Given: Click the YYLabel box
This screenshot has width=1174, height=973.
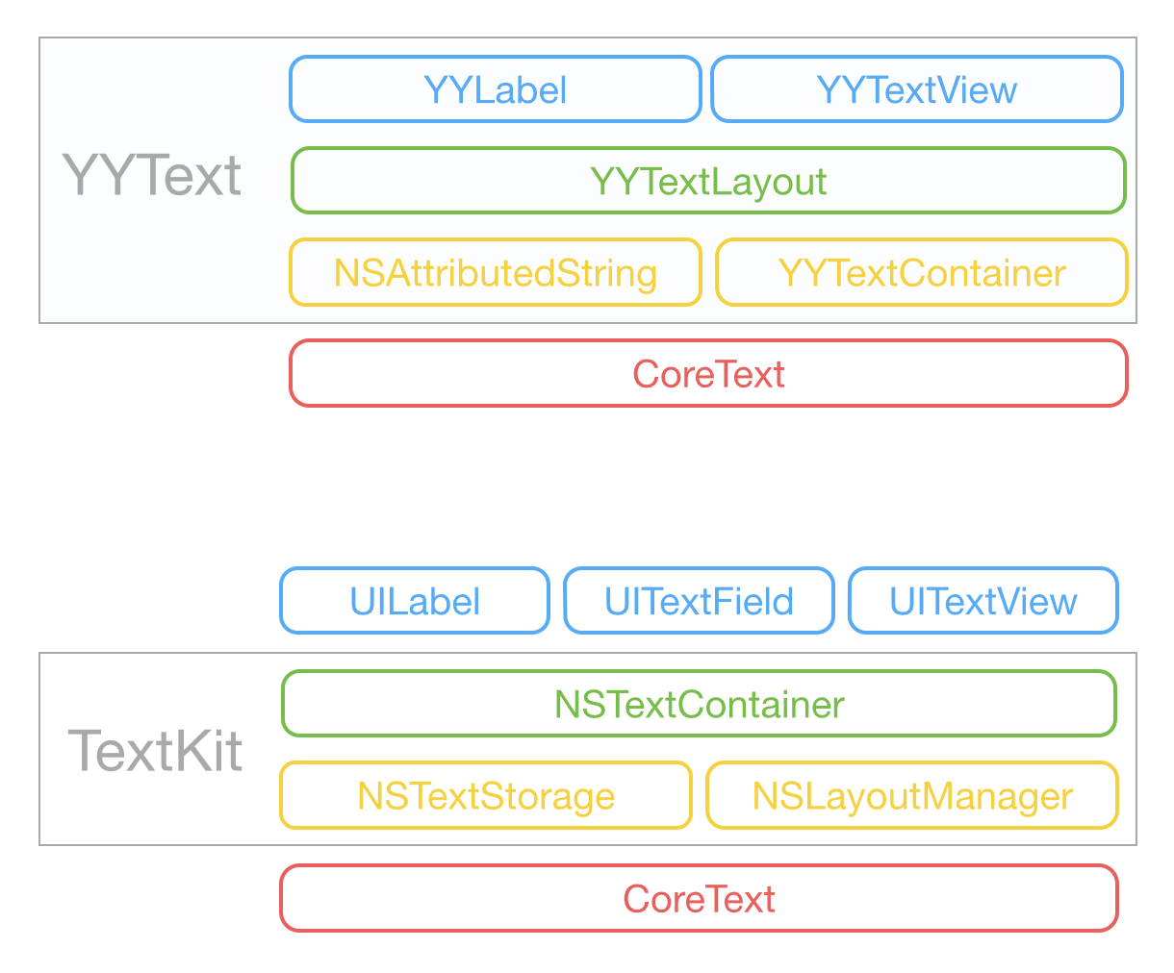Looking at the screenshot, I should tap(495, 89).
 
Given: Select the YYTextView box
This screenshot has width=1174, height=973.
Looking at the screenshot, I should tap(916, 89).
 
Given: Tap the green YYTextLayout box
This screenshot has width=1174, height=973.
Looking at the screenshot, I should tap(708, 181).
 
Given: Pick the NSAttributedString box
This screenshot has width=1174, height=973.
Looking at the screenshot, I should tap(495, 273).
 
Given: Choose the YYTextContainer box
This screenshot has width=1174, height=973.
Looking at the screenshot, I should tap(921, 273).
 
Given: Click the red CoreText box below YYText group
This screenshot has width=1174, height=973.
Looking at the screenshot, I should tap(708, 373).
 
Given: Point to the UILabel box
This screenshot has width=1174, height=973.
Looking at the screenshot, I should tap(415, 602).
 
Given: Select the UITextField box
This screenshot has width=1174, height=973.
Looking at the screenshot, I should tap(699, 602).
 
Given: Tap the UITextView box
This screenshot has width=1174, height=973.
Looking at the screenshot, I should tap(983, 602).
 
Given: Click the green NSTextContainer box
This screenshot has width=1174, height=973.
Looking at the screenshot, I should tap(699, 704).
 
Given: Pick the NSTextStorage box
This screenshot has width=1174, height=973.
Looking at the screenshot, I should tap(486, 796).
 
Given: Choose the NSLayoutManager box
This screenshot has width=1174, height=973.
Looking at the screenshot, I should tap(911, 796).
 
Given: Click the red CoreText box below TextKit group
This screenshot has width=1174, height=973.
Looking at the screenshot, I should tap(699, 899).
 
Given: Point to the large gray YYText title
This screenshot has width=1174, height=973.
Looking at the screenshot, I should tap(152, 176).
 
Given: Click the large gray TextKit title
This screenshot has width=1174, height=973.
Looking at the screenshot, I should tap(155, 751).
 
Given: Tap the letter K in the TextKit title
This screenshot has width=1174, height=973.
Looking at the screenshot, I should tap(188, 751).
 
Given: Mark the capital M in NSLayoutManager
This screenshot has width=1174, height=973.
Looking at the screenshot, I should tap(929, 796).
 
